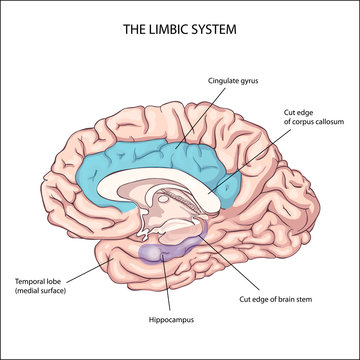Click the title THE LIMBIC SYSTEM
pyautogui.click(x=180, y=28)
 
